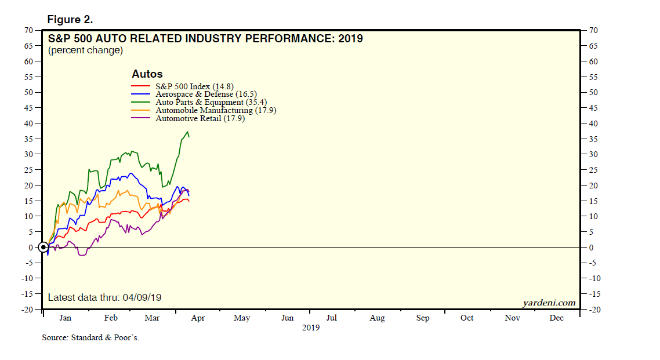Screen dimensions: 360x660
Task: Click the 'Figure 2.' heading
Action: click(70, 20)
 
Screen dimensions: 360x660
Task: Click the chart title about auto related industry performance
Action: click(205, 39)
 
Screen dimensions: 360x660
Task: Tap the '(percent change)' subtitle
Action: click(85, 50)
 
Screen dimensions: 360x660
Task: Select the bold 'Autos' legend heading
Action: click(147, 74)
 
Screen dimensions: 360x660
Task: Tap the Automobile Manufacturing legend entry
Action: click(216, 110)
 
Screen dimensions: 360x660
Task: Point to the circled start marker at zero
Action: click(43, 247)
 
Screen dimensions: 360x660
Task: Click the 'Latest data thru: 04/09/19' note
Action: click(104, 297)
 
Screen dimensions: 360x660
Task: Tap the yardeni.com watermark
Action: click(548, 303)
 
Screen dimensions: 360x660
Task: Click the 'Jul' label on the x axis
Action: click(332, 318)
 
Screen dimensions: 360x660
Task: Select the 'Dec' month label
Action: click(556, 318)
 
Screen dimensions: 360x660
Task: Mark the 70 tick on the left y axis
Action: click(28, 30)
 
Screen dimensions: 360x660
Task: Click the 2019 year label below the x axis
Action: click(311, 328)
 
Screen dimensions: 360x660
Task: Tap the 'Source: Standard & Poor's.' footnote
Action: click(90, 337)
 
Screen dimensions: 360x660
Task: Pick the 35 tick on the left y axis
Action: click(28, 139)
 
